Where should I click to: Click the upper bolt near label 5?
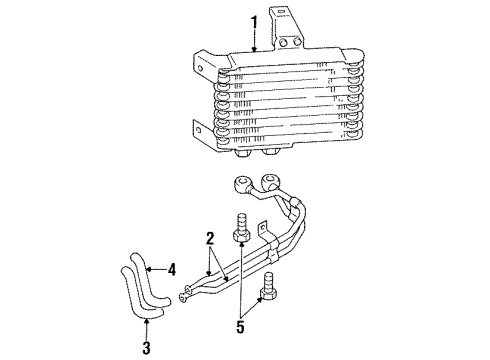(x=240, y=232)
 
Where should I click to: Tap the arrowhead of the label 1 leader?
(x=254, y=49)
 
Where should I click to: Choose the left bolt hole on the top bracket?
(x=284, y=43)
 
